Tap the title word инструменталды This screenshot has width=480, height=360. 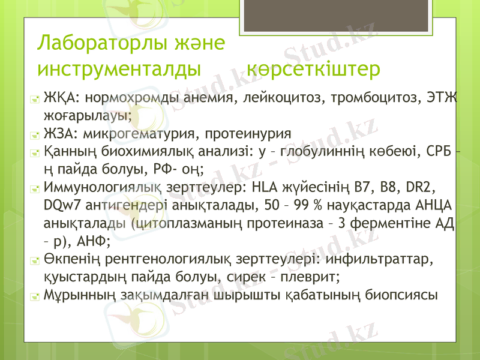(x=119, y=69)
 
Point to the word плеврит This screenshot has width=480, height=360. (x=307, y=277)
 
